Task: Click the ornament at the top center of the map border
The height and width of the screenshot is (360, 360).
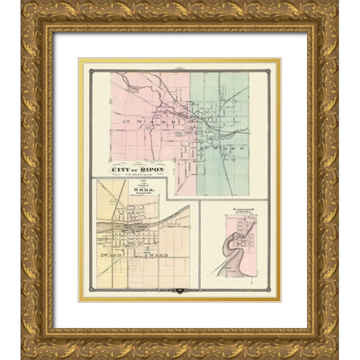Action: click(x=180, y=68)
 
